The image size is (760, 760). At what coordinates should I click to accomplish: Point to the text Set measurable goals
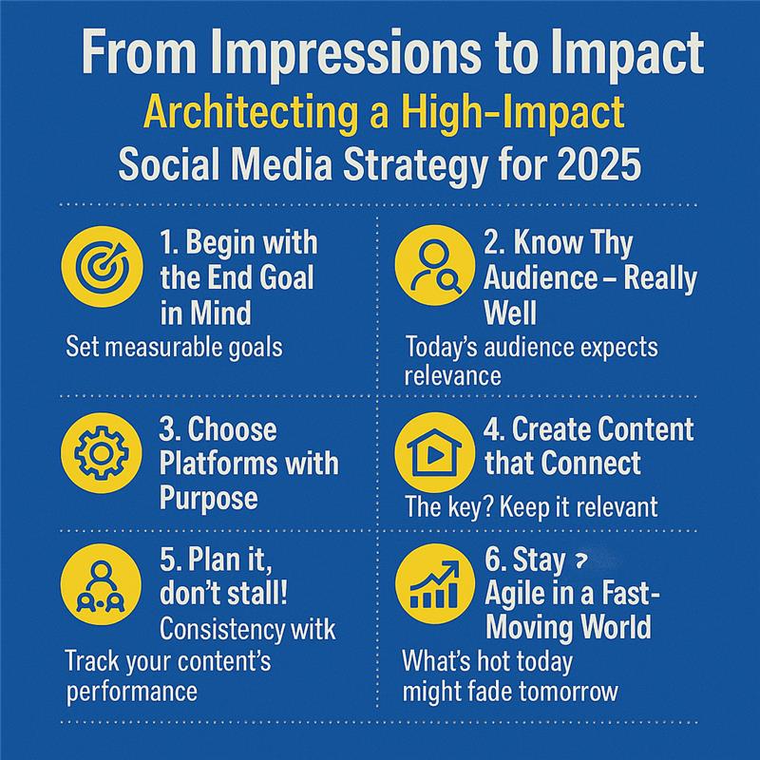175,345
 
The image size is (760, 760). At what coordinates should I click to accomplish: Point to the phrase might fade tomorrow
509,691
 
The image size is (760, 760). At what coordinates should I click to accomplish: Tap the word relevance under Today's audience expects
452,375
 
